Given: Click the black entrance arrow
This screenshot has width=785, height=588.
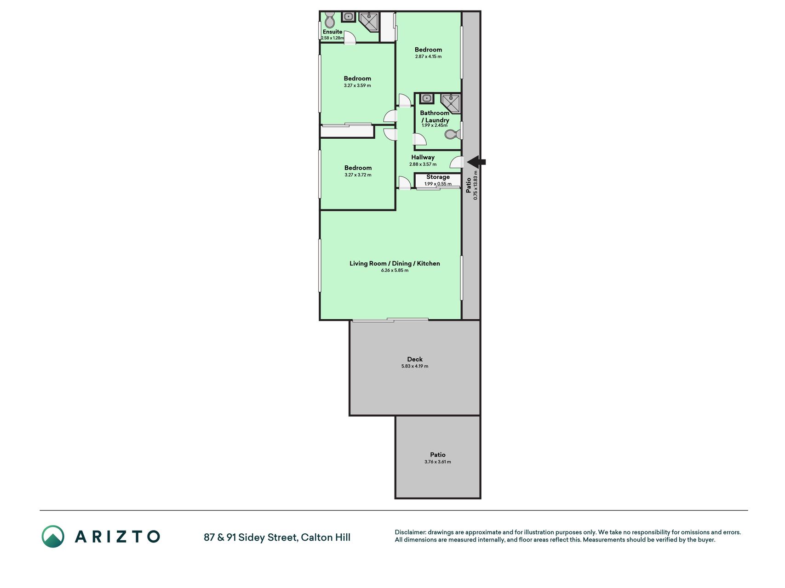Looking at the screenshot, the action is pos(476,162).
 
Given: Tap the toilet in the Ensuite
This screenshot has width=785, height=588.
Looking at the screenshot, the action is pos(329,20).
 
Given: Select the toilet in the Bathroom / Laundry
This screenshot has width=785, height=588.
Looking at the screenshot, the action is pos(452,134).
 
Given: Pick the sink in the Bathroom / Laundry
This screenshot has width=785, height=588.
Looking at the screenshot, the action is pos(427,99).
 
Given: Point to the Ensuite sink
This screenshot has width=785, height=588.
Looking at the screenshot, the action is pos(348,17).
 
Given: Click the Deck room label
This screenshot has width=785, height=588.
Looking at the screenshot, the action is pos(415,359).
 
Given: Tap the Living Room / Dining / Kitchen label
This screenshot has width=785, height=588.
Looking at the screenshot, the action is pos(395,263).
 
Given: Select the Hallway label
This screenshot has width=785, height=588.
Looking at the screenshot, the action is pos(423,157).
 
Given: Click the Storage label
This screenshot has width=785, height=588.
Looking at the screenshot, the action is pos(438,177).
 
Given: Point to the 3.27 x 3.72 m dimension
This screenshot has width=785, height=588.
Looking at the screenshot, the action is pos(358,175).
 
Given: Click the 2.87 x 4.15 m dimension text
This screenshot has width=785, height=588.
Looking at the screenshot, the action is pos(428,57).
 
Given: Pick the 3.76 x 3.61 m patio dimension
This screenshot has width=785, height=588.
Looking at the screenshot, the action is pos(438,462).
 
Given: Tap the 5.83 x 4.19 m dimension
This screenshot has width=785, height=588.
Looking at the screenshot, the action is pos(415,366).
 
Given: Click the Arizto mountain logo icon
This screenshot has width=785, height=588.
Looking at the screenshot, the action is pos(53,537).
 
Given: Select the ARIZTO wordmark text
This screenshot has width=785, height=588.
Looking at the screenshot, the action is pos(117,537).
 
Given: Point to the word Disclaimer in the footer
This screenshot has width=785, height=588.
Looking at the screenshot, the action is pos(410,532).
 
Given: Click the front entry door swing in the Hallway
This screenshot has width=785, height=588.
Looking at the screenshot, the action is pos(456,162).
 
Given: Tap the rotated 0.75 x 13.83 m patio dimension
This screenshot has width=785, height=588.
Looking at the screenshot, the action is pos(476,185).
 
